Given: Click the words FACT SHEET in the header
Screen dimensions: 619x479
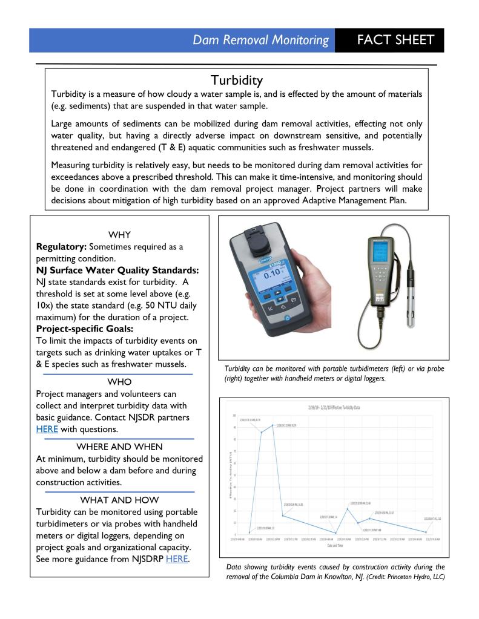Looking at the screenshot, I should [x=395, y=40].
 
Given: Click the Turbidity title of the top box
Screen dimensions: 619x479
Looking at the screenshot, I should [x=236, y=80].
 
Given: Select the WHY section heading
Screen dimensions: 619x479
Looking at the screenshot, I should [x=119, y=235].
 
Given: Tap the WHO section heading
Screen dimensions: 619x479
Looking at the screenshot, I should [x=119, y=382].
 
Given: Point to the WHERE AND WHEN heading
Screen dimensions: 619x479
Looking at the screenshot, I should [x=119, y=447].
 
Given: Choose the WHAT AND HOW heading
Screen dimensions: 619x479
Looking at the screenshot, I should [x=119, y=500].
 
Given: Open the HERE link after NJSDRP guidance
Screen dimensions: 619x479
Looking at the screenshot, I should [x=176, y=558].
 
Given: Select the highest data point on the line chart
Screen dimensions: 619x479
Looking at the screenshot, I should [x=273, y=425].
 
